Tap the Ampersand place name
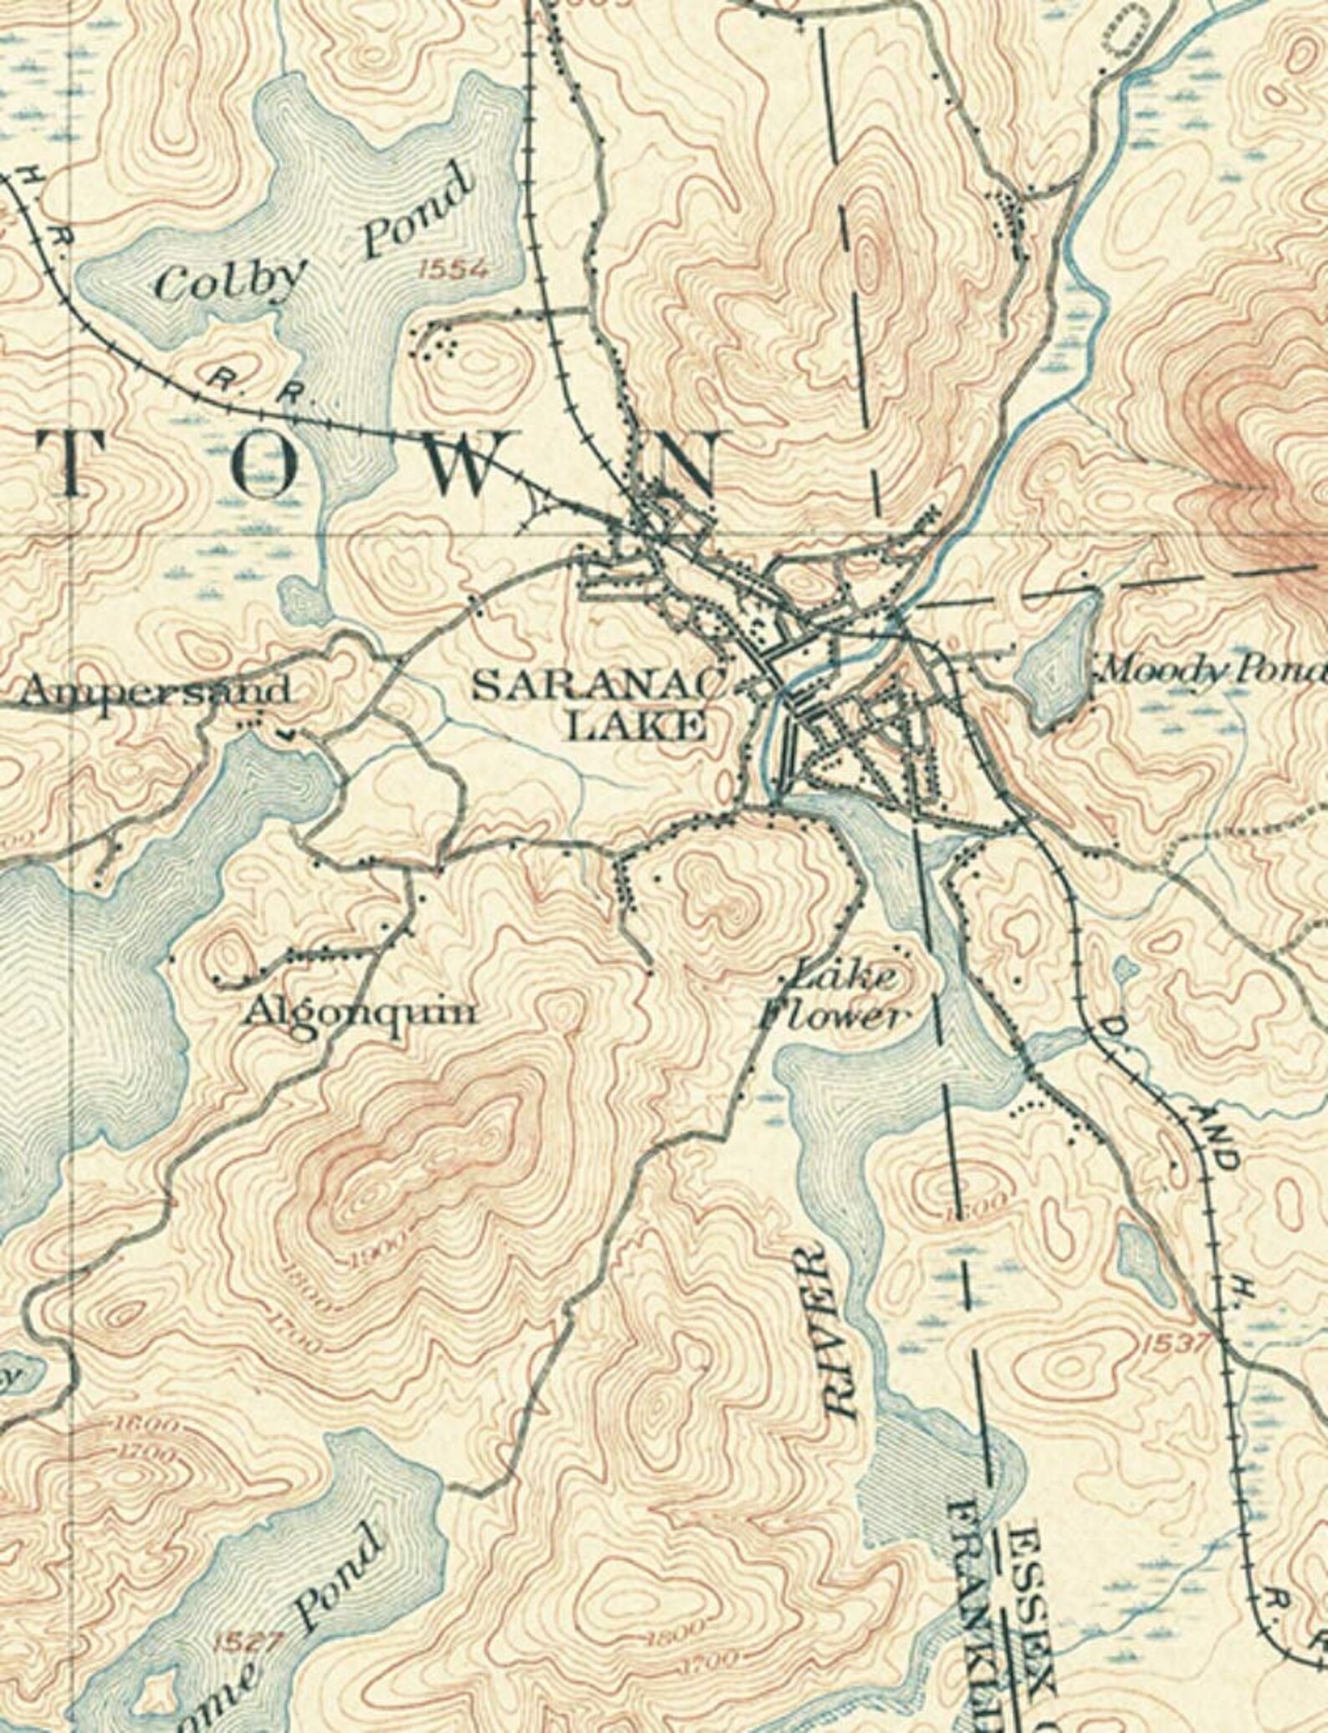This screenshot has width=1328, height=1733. pyautogui.click(x=156, y=691)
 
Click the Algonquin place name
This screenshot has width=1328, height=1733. pyautogui.click(x=360, y=1013)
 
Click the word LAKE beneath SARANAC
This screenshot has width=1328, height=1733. pyautogui.click(x=636, y=726)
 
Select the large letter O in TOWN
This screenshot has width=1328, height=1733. pyautogui.click(x=272, y=465)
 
